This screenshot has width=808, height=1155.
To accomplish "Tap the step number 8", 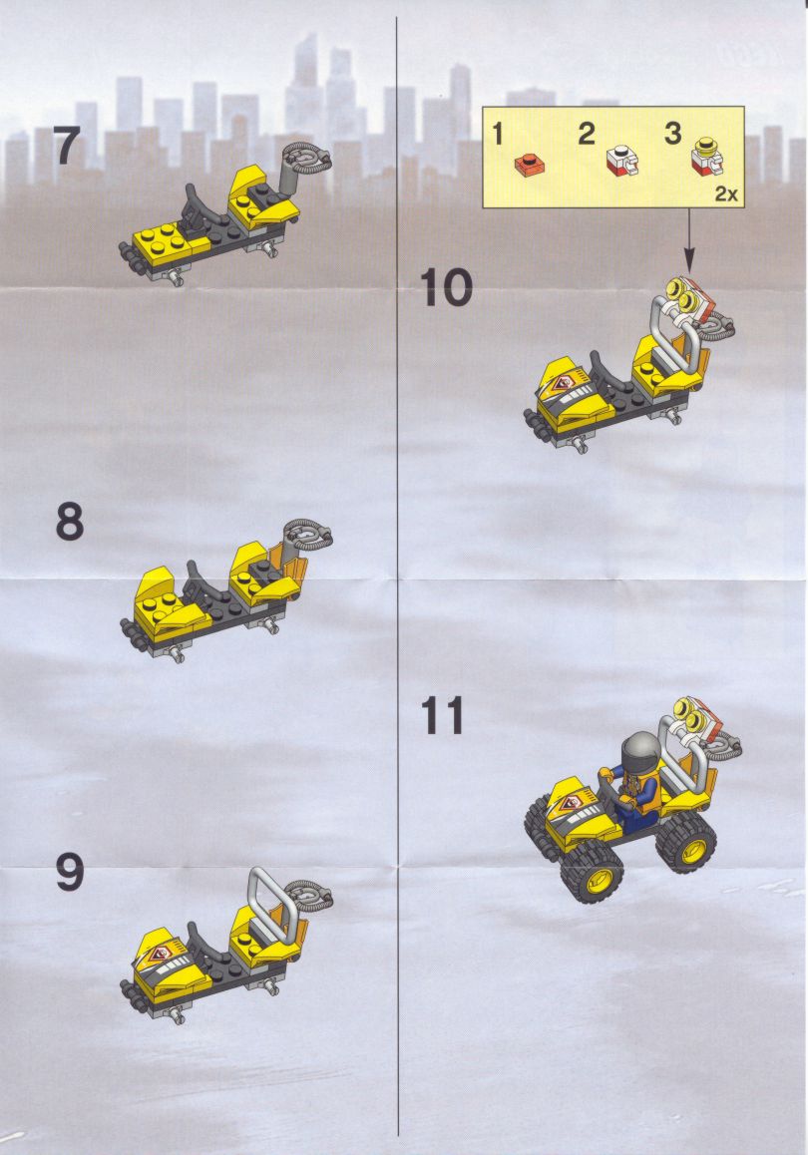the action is point(69,523).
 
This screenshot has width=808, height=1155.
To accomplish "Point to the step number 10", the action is point(446,287).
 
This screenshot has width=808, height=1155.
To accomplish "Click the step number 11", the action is point(443,716).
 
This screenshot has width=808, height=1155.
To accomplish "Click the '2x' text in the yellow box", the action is point(725,194).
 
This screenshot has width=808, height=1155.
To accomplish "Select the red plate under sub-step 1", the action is point(530,164).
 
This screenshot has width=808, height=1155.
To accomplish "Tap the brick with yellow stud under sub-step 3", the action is point(707,159).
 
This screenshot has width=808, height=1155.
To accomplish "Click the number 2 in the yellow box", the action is point(587,134).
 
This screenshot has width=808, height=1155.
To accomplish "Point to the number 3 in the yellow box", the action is point(672,134).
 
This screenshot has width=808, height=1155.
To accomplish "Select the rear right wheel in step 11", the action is point(686,844).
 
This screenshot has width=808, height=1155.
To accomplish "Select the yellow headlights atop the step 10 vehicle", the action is point(683,294).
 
